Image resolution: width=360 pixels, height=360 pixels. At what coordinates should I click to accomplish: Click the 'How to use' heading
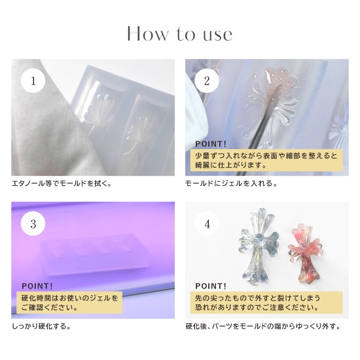[x=179, y=34]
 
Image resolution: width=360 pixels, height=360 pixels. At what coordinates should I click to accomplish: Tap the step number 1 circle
[x=33, y=81]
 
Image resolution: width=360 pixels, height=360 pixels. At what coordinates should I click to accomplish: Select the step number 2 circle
[x=207, y=81]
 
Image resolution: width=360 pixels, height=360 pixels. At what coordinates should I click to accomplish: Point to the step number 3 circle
[x=33, y=224]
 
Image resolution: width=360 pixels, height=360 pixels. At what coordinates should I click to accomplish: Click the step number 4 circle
[x=207, y=224]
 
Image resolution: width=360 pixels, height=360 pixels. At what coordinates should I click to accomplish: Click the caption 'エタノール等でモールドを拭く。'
[x=62, y=184]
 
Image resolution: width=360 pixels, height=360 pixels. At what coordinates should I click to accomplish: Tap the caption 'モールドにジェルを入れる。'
[x=231, y=184]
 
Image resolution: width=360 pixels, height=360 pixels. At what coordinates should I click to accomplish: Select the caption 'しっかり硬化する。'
[x=41, y=326]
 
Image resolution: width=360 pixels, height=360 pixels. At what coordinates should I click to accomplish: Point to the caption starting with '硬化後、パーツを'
[x=263, y=326]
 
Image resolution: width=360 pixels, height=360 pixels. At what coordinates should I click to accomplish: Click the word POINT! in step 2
[x=211, y=144]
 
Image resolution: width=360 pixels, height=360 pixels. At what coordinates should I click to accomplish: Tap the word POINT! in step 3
[x=37, y=286]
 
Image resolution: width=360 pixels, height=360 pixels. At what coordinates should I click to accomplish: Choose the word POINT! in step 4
[x=211, y=286]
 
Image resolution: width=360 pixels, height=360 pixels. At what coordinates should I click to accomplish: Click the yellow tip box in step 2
[x=266, y=160]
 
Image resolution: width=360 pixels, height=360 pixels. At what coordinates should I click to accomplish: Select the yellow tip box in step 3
[x=69, y=302]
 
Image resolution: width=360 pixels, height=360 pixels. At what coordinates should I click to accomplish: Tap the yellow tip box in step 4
[x=266, y=302]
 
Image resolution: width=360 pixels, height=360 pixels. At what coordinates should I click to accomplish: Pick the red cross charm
[x=306, y=253]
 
